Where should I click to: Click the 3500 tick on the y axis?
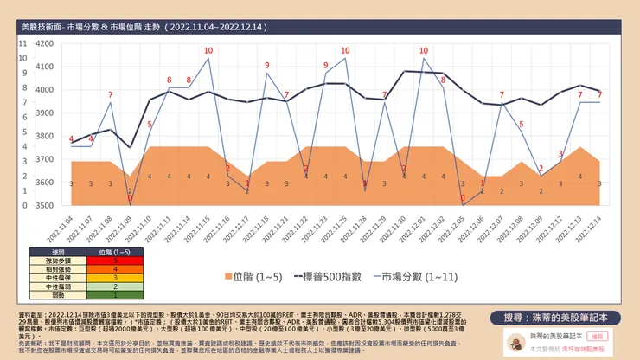pos(43,206)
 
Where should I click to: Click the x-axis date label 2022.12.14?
pos(592,228)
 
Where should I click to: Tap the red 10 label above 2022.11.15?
pos(208,50)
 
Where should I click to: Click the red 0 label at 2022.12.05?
pos(463,198)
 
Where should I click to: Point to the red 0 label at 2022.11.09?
pos(130,199)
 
